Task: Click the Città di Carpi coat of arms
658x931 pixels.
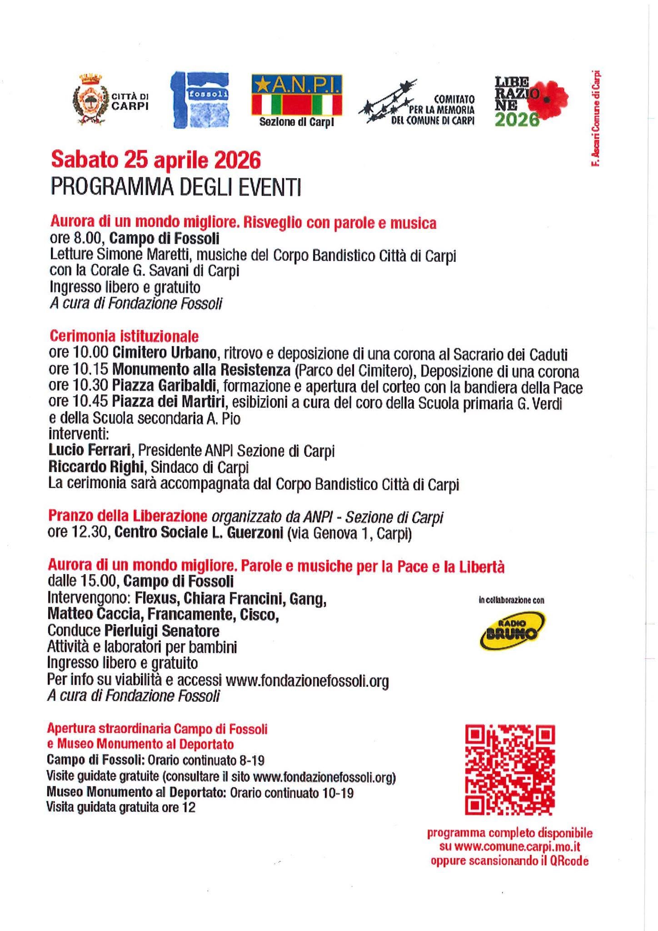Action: point(88,100)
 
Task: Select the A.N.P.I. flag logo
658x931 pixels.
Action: point(296,95)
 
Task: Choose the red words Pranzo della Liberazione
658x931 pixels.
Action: point(127,516)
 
